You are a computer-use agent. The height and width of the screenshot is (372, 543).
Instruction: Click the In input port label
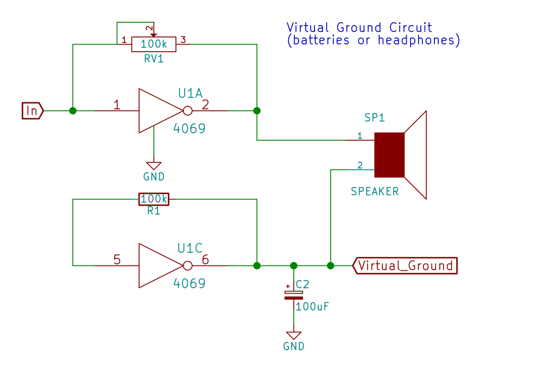click(x=32, y=110)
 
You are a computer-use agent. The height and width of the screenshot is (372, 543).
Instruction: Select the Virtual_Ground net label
click(x=405, y=265)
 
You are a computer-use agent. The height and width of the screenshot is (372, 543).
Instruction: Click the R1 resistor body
click(x=154, y=200)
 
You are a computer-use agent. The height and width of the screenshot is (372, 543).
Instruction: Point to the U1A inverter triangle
click(x=157, y=111)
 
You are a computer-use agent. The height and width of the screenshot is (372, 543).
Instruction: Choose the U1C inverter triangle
click(x=157, y=265)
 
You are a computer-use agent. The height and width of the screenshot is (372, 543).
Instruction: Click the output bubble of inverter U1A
click(x=187, y=111)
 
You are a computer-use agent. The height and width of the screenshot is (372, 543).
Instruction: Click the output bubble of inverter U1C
click(x=187, y=265)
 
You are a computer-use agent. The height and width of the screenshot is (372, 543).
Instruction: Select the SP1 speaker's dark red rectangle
click(x=389, y=155)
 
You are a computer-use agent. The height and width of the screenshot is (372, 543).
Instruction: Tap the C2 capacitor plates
click(x=294, y=295)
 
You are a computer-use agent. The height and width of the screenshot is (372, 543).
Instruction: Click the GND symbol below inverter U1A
click(x=154, y=166)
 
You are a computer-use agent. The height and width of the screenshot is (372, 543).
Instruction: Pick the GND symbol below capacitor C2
click(x=294, y=336)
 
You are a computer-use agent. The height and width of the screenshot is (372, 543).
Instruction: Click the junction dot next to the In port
click(x=73, y=110)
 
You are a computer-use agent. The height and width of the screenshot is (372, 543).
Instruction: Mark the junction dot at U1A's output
click(x=257, y=110)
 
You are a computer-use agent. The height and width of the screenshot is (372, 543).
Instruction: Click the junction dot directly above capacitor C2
click(x=294, y=265)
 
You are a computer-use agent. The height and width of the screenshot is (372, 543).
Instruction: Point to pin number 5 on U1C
click(x=117, y=260)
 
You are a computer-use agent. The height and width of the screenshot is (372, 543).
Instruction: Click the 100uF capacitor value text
click(x=312, y=306)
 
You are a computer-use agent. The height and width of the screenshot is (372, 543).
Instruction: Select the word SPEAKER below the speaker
click(x=375, y=191)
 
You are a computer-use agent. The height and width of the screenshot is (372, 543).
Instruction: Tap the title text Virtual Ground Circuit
click(x=359, y=27)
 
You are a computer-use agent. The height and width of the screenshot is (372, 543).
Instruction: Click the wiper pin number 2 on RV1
click(x=148, y=28)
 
